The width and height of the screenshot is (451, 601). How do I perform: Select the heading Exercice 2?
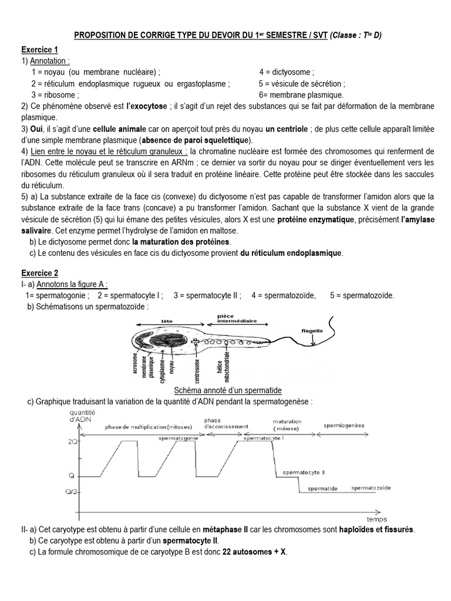(x=40, y=273)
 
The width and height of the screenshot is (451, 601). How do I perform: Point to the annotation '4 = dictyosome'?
(x=285, y=72)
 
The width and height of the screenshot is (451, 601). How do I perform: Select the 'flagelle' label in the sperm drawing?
(x=312, y=330)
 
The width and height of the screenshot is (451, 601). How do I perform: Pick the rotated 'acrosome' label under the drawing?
(x=136, y=363)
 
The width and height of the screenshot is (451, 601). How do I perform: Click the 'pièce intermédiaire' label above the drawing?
(x=234, y=318)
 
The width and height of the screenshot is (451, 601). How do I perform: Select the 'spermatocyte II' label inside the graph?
(x=304, y=472)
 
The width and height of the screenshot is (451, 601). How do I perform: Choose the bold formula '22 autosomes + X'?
(x=254, y=552)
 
